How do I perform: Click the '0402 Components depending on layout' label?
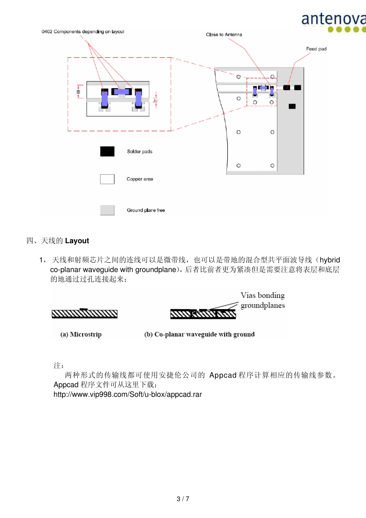pyautogui.click(x=83, y=32)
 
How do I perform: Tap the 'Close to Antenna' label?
pyautogui.click(x=224, y=35)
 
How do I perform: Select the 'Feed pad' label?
pyautogui.click(x=316, y=49)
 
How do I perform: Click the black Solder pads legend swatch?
pyautogui.click(x=107, y=151)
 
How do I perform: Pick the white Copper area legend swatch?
pyautogui.click(x=107, y=179)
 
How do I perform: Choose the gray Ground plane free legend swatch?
pyautogui.click(x=107, y=210)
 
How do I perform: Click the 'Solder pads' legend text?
pyautogui.click(x=139, y=151)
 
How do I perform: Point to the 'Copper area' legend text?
pyautogui.click(x=139, y=179)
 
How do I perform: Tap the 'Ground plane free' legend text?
pyautogui.click(x=146, y=210)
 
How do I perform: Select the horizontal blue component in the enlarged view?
pyautogui.click(x=121, y=92)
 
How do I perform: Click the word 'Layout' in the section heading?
pyautogui.click(x=77, y=241)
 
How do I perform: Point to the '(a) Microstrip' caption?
pyautogui.click(x=81, y=335)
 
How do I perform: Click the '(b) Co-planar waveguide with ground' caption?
pyautogui.click(x=199, y=335)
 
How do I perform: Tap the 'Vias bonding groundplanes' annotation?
pyautogui.click(x=262, y=300)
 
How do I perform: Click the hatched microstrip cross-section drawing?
pyautogui.click(x=84, y=314)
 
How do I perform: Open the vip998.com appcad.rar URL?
pyautogui.click(x=128, y=395)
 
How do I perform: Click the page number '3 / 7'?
pyautogui.click(x=183, y=499)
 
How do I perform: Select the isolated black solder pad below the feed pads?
pyautogui.click(x=292, y=106)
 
